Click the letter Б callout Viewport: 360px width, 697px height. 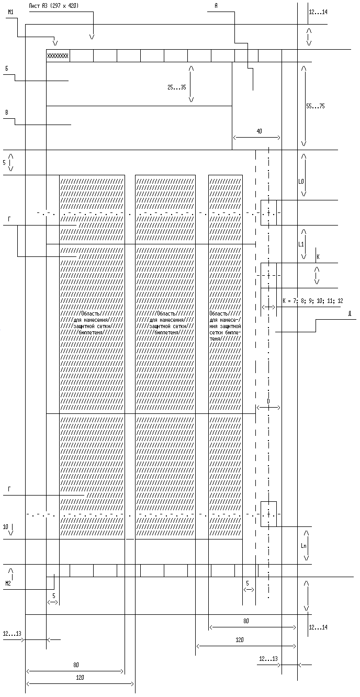click(x=6, y=68)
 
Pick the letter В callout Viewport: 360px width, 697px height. click(x=6, y=112)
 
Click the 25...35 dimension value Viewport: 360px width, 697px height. click(x=176, y=87)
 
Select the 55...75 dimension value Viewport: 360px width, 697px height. click(x=315, y=106)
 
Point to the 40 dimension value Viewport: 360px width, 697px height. click(x=259, y=131)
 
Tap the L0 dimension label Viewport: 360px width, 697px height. click(x=301, y=182)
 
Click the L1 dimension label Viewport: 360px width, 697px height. click(x=301, y=244)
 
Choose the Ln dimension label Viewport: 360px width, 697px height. click(x=303, y=546)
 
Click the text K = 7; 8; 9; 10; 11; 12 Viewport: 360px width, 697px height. click(x=312, y=301)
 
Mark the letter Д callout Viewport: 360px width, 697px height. click(x=349, y=313)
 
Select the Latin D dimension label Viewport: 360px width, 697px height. click(x=268, y=401)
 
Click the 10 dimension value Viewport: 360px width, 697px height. click(x=5, y=527)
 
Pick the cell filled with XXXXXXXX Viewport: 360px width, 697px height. click(x=58, y=56)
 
